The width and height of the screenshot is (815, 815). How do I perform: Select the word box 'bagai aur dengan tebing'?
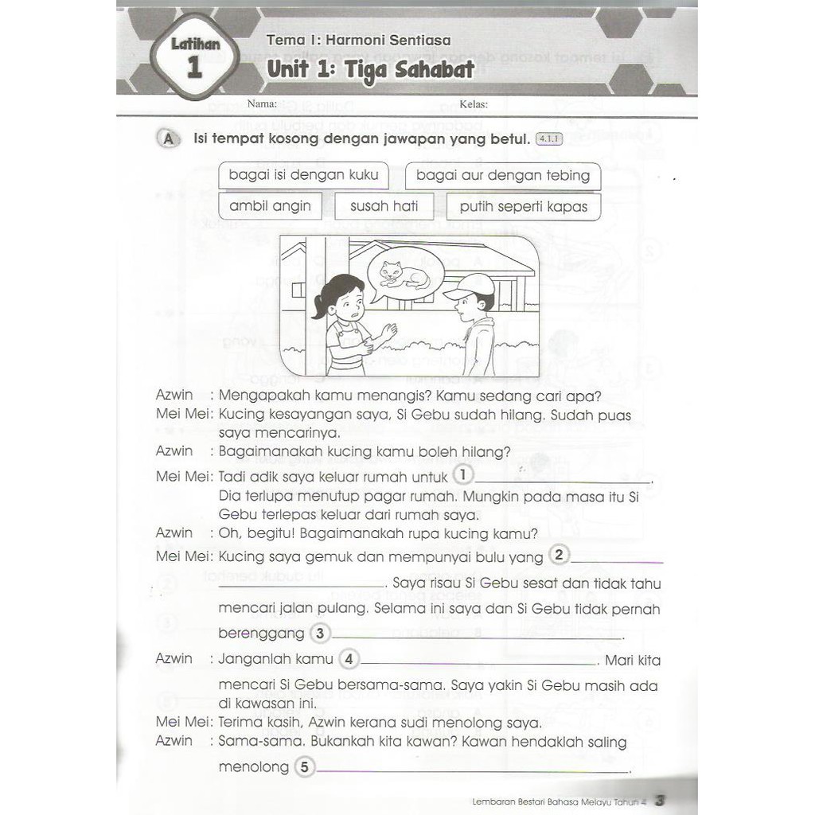503,175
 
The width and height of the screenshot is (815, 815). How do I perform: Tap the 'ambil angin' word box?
270,206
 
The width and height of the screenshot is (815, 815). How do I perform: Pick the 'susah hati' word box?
384,206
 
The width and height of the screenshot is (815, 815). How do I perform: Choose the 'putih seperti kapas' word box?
523,206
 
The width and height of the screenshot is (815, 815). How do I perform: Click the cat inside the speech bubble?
404,275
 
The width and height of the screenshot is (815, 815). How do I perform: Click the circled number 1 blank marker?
462,476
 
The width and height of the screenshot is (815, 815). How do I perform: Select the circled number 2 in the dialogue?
560,556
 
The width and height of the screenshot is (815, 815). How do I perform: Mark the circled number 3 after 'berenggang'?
319,634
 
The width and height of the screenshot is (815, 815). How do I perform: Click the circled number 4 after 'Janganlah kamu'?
349,660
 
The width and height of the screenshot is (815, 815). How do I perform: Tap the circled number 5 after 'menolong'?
304,767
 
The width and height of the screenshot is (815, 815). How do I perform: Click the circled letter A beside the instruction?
167,139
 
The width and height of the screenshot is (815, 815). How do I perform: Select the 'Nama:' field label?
262,103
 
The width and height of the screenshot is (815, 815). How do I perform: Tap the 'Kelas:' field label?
474,104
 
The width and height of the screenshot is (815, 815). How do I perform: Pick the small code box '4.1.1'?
549,139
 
